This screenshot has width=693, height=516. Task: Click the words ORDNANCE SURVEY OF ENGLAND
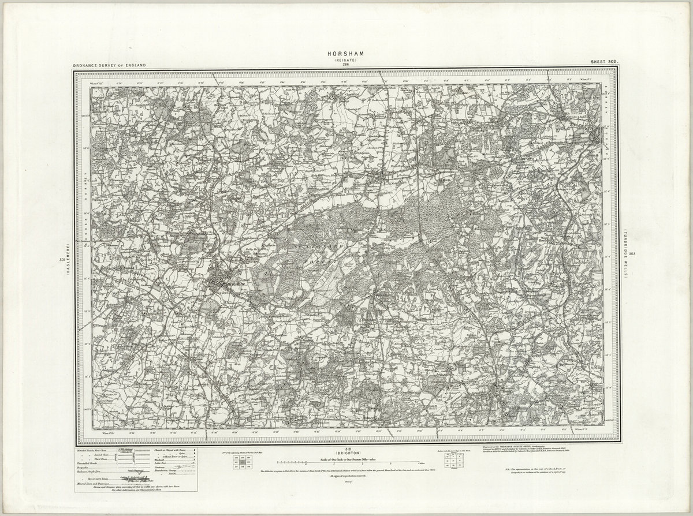click(x=109, y=66)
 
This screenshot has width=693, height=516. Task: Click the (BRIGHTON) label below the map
click(x=346, y=454)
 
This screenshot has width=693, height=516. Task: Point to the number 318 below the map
click(x=346, y=449)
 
